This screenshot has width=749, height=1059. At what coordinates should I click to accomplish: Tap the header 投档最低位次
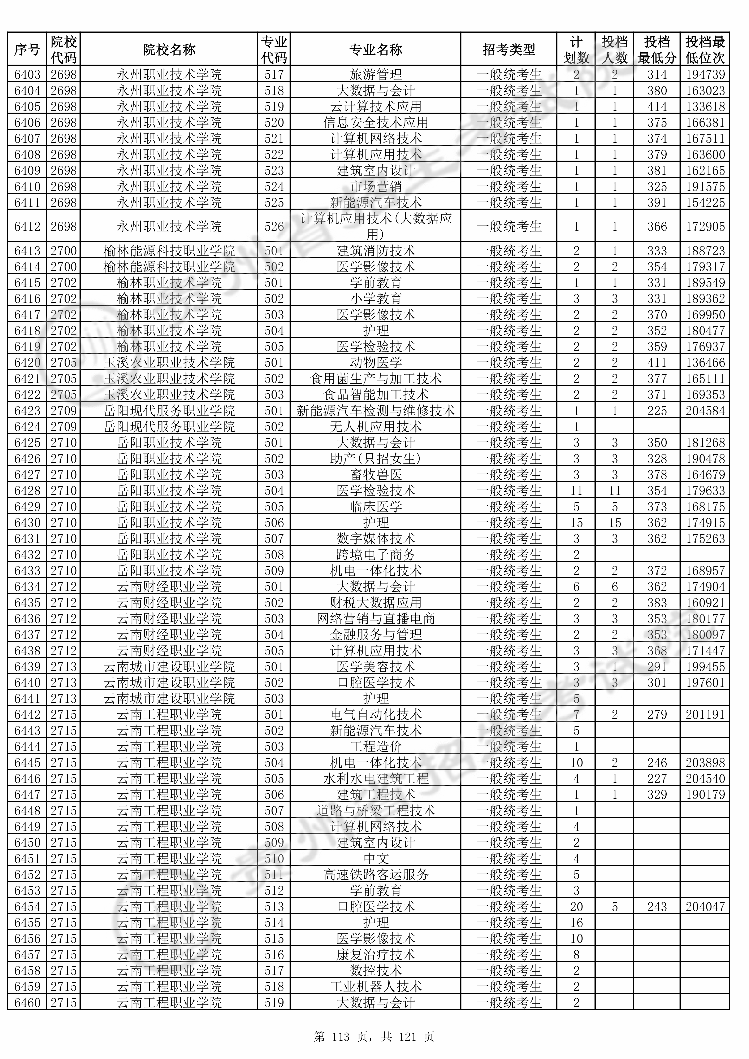[x=705, y=49]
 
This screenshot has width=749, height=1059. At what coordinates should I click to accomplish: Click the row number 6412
[x=27, y=226]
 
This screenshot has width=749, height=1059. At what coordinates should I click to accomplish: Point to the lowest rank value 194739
[x=705, y=74]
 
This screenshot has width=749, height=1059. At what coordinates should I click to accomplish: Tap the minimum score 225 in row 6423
[x=657, y=410]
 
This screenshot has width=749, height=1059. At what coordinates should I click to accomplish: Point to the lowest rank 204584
[x=705, y=410]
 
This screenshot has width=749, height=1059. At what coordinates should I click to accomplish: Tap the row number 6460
[x=27, y=1003]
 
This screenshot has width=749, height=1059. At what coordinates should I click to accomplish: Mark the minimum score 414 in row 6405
[x=657, y=106]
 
